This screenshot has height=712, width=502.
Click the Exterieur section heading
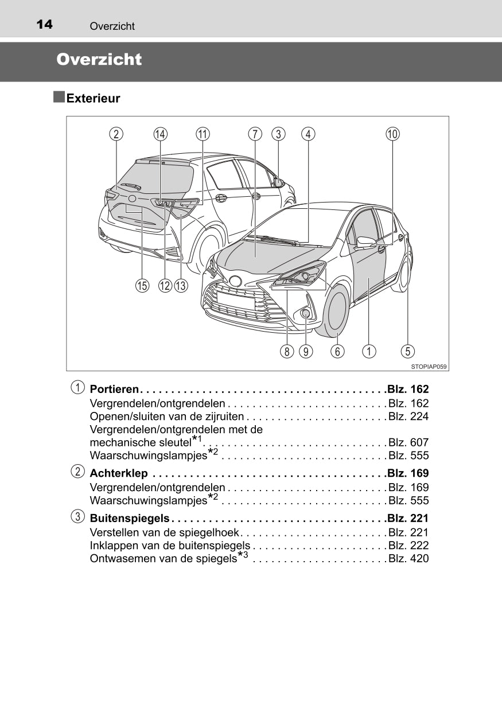tap(93, 98)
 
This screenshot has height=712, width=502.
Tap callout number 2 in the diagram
tap(116, 134)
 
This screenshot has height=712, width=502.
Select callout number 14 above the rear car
tap(161, 134)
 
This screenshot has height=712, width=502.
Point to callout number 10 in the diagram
tap(392, 134)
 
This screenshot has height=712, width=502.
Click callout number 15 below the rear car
tap(142, 285)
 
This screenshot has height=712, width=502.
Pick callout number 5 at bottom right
tap(408, 351)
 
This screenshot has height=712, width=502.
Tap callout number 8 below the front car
tap(287, 351)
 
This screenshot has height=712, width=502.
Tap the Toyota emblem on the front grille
tap(235, 281)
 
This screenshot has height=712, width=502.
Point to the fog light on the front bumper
tap(306, 313)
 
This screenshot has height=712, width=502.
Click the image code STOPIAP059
tap(429, 365)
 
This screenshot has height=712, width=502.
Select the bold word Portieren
tap(114, 390)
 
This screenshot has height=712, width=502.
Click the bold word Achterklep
tap(119, 473)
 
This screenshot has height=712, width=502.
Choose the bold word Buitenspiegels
tap(130, 518)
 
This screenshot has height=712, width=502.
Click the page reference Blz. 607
tap(408, 442)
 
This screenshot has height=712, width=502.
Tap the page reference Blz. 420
tap(408, 558)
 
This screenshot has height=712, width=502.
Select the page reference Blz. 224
tap(408, 416)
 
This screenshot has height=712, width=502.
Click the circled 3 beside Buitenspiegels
tap(76, 516)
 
